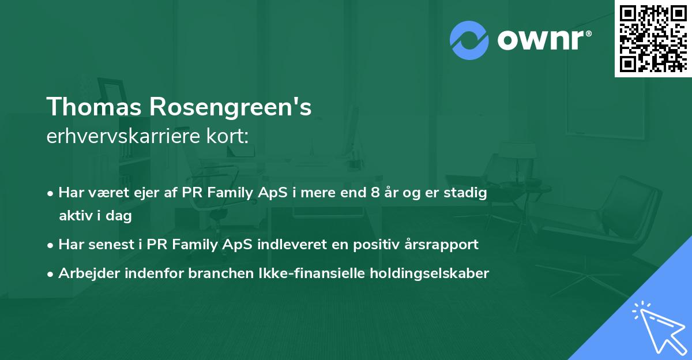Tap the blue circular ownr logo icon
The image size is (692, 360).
point(469,40)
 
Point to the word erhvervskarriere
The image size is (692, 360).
point(118,136)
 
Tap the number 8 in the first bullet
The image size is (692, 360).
point(375,193)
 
